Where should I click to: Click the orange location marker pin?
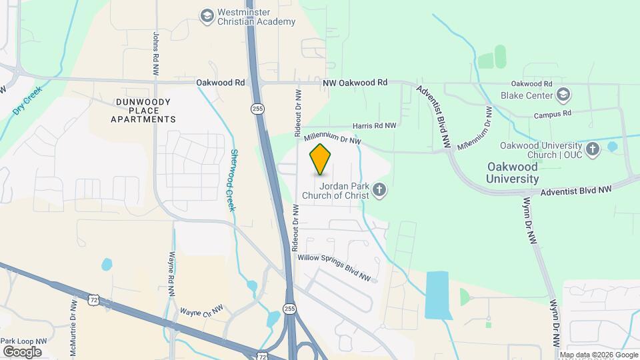coord(321,159)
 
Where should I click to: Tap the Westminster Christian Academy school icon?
coord(207,15)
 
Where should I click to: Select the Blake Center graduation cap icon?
coord(564,95)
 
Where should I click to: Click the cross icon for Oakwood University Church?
coord(592,147)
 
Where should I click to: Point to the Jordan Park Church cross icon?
coord(379,191)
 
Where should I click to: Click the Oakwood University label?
coord(512,173)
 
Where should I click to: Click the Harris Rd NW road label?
coord(374,125)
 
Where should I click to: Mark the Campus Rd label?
coord(553,114)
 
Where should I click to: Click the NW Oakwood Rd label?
coord(355,83)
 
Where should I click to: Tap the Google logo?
coord(23,351)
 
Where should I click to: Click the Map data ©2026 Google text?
coord(598,355)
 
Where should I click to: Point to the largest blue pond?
coord(437,295)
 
